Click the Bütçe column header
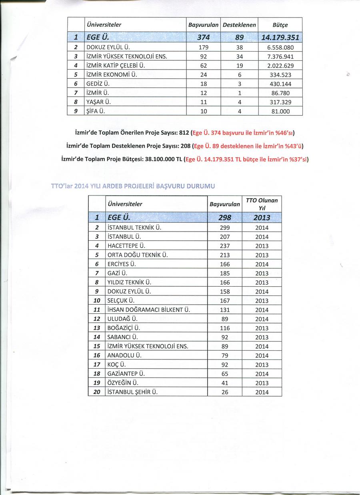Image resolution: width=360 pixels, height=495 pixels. point(280,25)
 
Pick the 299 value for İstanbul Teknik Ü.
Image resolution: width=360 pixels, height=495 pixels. point(225,228)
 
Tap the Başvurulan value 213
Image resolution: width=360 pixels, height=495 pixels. point(225,255)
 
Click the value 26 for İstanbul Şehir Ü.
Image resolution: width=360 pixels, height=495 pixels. point(225,392)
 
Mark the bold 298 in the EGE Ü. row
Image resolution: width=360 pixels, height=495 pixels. point(225,218)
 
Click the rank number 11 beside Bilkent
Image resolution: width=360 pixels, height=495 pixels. point(96,310)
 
